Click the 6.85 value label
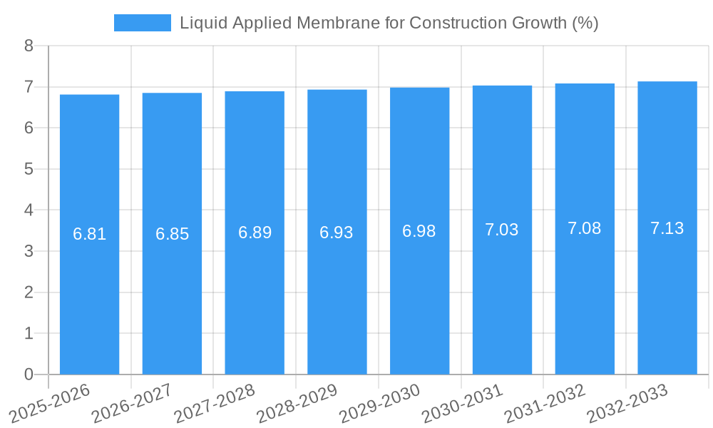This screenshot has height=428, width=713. pyautogui.click(x=172, y=234)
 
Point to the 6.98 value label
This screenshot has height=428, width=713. pyautogui.click(x=419, y=231)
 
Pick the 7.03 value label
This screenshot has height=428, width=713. pyautogui.click(x=502, y=230)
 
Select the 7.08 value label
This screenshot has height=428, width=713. pyautogui.click(x=585, y=228)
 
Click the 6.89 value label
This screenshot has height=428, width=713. pyautogui.click(x=255, y=233)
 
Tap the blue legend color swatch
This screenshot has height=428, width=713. pyautogui.click(x=143, y=23)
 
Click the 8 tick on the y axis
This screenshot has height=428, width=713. pyautogui.click(x=29, y=46)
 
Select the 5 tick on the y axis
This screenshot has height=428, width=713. pyautogui.click(x=29, y=169)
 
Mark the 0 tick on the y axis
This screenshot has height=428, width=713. pyautogui.click(x=29, y=374)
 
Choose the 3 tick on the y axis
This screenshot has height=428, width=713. pyautogui.click(x=29, y=251)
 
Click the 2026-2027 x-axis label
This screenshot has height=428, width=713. pyautogui.click(x=133, y=402)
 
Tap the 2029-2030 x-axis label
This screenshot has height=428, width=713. pyautogui.click(x=380, y=402)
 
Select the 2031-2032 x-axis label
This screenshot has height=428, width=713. pyautogui.click(x=545, y=402)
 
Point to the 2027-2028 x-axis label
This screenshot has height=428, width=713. pyautogui.click(x=215, y=402)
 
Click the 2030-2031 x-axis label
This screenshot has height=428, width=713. pyautogui.click(x=463, y=402)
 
